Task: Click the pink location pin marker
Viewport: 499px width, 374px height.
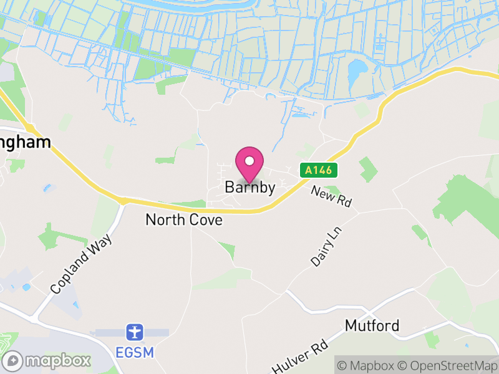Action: tap(249, 164)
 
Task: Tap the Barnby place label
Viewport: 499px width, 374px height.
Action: tap(249, 187)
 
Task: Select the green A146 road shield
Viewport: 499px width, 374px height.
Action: tap(319, 170)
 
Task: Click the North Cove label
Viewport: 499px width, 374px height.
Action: tap(183, 220)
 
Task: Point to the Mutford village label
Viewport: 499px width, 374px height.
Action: tap(372, 325)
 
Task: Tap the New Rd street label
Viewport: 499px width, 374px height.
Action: tap(331, 196)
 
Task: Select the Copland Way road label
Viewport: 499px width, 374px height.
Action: tap(82, 264)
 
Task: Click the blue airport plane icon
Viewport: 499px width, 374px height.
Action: tap(134, 332)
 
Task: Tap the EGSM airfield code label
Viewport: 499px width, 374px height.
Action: tap(134, 352)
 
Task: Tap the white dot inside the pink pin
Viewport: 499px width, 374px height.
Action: tap(249, 161)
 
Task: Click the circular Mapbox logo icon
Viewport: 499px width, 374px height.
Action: tap(13, 360)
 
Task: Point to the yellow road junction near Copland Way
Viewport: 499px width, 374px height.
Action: tap(123, 201)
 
